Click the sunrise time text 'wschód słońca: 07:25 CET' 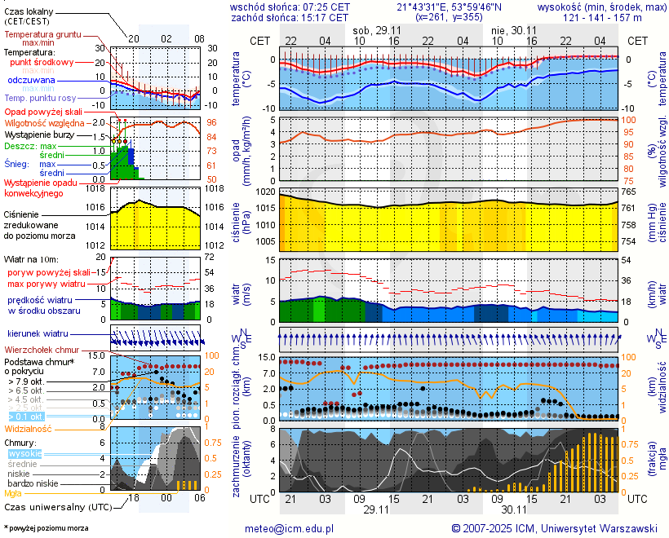click(290, 7)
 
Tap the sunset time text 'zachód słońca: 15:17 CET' click(290, 17)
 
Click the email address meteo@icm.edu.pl click(290, 528)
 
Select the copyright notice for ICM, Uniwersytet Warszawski click(555, 528)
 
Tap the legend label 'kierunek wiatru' click(38, 334)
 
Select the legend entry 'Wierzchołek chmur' click(43, 349)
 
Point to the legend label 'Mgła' click(13, 493)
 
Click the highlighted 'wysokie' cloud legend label click(24, 453)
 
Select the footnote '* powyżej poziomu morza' click(46, 528)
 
